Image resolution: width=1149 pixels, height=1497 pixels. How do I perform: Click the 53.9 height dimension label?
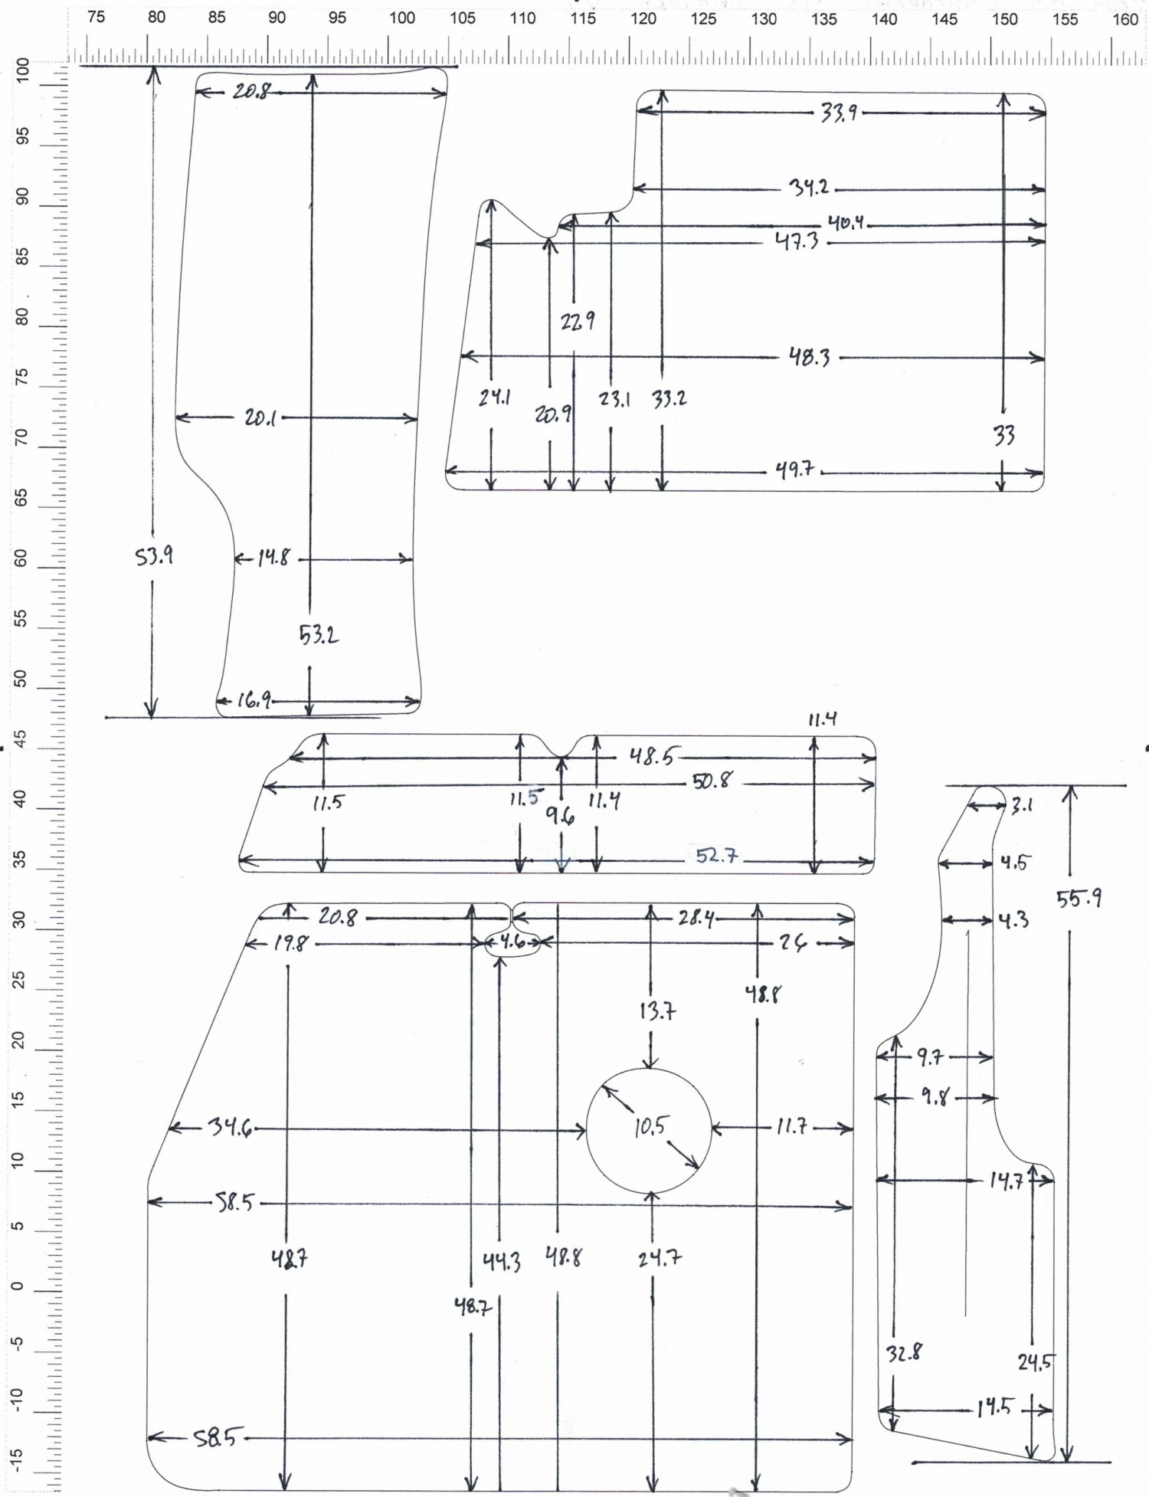[x=154, y=557]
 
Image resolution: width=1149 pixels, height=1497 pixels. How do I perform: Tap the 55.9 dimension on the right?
[x=1079, y=898]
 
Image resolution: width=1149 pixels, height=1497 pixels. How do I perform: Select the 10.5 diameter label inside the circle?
[x=650, y=1126]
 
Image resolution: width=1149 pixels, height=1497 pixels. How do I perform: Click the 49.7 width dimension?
[x=794, y=470]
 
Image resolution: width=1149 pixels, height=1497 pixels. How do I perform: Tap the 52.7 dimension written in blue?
[x=717, y=856]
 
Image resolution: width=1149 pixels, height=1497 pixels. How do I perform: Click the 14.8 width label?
[x=273, y=559]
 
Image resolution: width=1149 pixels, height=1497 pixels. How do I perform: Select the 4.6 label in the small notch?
[x=514, y=942]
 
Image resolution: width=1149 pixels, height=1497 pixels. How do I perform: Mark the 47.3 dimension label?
[x=797, y=242]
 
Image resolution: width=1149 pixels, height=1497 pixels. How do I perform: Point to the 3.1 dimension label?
[x=1022, y=805]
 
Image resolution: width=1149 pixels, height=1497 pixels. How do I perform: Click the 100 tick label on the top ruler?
[x=402, y=18]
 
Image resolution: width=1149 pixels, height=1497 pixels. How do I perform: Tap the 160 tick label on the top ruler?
[x=1124, y=18]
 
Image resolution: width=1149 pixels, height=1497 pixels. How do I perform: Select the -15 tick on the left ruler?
[x=21, y=1461]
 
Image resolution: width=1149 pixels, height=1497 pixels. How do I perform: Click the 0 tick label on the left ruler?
[x=21, y=1286]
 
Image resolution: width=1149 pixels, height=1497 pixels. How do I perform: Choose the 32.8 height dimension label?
[x=904, y=1353]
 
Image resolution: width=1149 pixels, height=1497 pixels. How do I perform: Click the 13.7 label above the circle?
[x=657, y=1011]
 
